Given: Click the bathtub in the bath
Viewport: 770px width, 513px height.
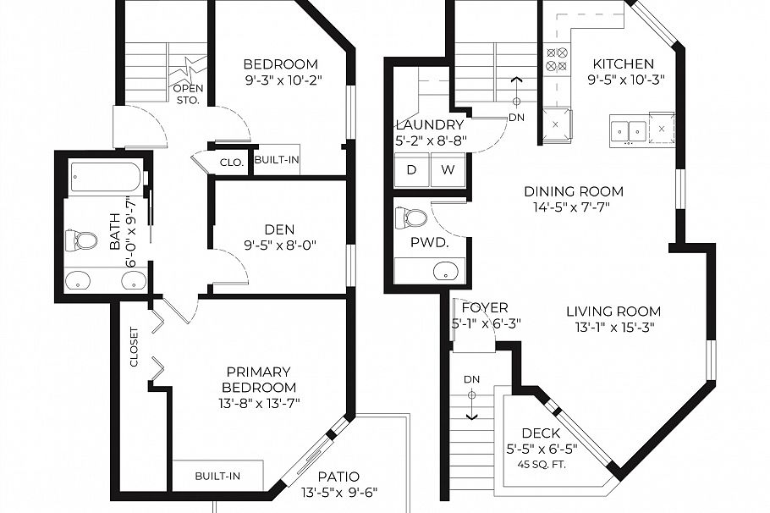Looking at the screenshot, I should (105, 178).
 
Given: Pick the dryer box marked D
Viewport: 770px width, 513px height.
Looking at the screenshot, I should (412, 169).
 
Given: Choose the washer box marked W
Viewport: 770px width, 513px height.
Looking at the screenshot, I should (448, 169).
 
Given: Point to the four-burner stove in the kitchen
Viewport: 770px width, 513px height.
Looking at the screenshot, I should (557, 57).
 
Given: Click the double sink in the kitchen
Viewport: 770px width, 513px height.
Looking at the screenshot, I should (628, 130).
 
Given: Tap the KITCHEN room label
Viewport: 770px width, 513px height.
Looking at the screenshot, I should (623, 64).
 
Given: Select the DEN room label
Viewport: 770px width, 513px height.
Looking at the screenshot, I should (278, 229).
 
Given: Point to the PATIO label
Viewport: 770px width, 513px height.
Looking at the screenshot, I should (340, 477).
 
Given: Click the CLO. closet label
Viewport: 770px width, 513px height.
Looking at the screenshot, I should (232, 162).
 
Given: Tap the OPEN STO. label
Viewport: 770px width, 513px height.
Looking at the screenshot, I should (186, 94).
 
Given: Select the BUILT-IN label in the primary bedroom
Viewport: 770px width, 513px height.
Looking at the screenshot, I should (217, 477).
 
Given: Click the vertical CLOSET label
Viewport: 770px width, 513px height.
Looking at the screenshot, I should (134, 346).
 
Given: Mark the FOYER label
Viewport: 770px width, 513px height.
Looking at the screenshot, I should (485, 307).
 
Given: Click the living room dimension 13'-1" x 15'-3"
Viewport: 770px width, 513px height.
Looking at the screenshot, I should (613, 327).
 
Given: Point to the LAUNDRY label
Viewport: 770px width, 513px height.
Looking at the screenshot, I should (430, 125).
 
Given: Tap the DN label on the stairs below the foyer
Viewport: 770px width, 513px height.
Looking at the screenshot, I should (471, 378).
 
